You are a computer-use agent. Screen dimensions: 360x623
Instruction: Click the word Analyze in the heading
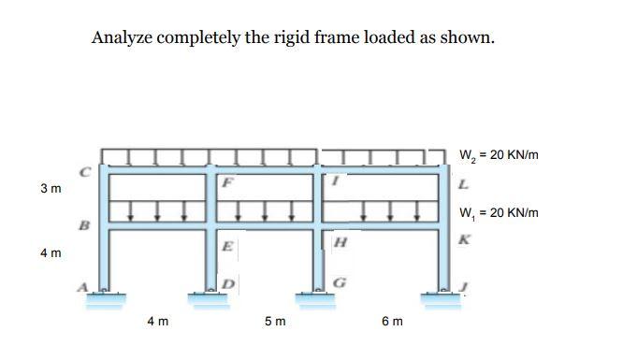click(123, 38)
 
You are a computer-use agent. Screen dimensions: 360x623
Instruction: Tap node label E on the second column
click(228, 247)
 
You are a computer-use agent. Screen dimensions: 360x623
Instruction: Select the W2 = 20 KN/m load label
click(499, 155)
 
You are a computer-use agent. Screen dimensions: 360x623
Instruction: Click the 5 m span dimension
click(275, 322)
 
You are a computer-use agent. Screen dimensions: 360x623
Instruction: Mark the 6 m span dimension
click(393, 322)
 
